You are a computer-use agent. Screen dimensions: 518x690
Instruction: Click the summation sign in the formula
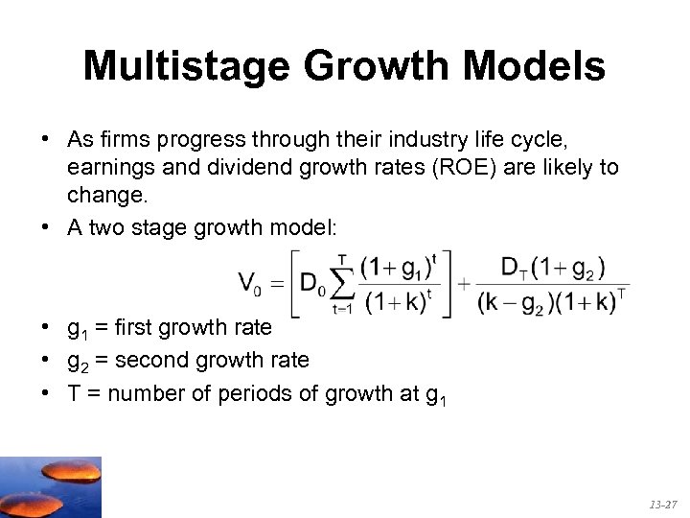point(341,282)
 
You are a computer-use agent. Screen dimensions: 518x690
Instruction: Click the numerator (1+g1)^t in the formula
point(400,265)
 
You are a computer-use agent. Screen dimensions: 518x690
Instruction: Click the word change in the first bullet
point(101,196)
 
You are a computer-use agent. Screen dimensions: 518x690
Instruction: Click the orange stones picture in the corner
point(50,486)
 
